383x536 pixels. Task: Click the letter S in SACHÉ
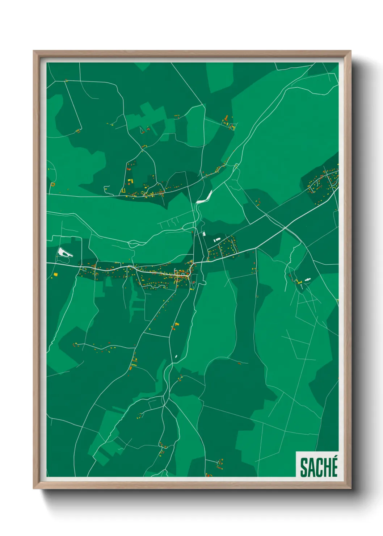click(303, 468)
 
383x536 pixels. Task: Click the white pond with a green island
click(64, 252)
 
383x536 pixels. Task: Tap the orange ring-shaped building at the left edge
click(53, 184)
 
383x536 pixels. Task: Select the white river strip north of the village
click(204, 197)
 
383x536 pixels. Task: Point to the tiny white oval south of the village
click(176, 357)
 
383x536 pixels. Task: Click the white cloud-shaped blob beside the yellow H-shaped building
click(307, 280)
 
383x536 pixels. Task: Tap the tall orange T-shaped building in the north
click(226, 119)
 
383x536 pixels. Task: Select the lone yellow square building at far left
click(56, 275)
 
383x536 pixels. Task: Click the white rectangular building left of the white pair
click(204, 234)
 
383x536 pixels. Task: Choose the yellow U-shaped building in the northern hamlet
click(123, 190)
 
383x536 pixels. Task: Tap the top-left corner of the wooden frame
click(34, 51)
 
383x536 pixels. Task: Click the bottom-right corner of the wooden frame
click(350, 489)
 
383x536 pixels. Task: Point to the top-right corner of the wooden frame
click(350, 51)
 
